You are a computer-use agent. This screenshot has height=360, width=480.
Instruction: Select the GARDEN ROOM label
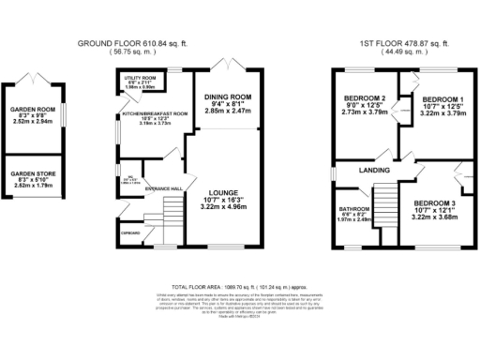coord(34,108)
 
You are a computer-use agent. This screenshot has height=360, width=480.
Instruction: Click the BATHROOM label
coord(354,209)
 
